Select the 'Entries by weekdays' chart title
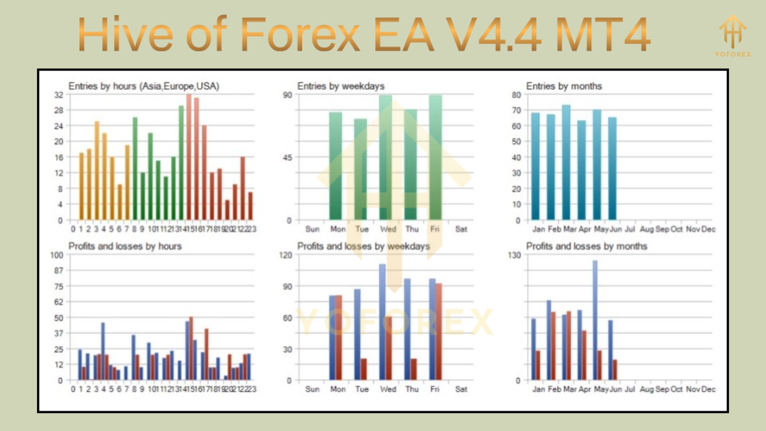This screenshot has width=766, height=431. [x=341, y=86]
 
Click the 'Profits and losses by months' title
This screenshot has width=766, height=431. [x=586, y=246]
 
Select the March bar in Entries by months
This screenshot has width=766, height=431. [x=566, y=162]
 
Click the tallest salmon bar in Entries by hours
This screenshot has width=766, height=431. [x=189, y=157]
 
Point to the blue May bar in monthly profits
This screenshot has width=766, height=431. [x=595, y=320]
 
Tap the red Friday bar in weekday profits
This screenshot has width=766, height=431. [x=438, y=332]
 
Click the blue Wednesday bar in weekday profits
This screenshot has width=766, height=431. [x=382, y=322]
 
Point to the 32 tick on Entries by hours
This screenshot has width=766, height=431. [x=59, y=95]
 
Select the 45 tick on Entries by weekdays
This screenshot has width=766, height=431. [x=287, y=157]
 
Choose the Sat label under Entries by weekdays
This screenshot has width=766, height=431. [x=461, y=229]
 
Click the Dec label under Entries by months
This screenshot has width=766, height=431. [x=709, y=229]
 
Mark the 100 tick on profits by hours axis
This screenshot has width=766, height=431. [x=57, y=255]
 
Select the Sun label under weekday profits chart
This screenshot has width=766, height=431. [x=312, y=389]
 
